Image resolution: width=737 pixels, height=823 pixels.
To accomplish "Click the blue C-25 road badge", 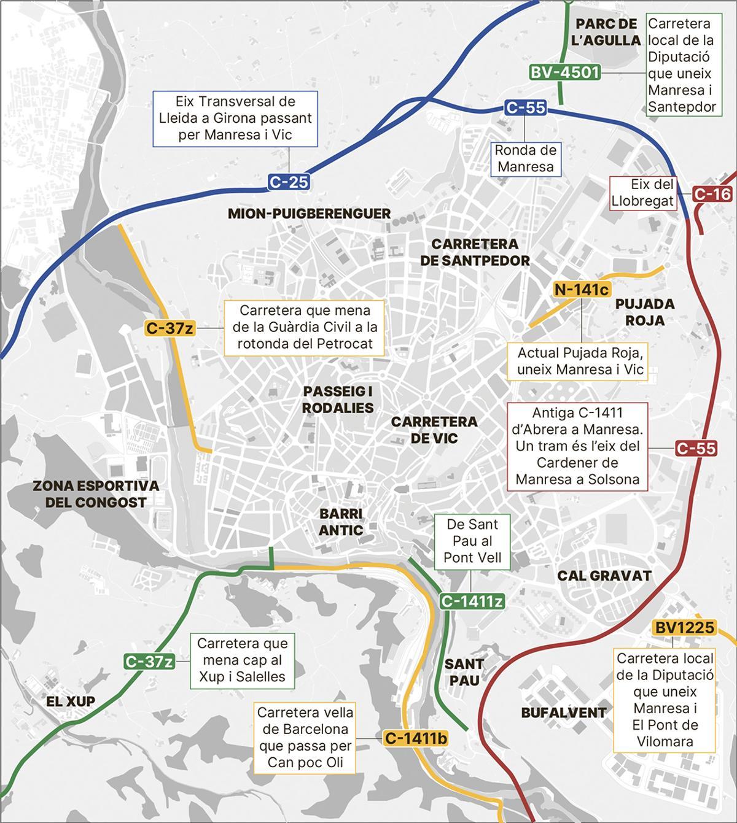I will (288, 182).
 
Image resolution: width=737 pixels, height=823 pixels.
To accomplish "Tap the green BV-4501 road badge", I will (564, 72).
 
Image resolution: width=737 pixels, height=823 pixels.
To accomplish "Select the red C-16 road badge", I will (712, 194).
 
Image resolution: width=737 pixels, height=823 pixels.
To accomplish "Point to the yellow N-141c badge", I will (581, 290).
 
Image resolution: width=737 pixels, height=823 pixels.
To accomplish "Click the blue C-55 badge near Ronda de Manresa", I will (525, 107).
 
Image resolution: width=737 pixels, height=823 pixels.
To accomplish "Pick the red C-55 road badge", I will (696, 448).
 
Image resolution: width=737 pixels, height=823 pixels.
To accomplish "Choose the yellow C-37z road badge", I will (170, 328).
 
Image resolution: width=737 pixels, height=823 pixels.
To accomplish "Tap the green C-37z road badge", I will (149, 662).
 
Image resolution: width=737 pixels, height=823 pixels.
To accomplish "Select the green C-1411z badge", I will (472, 601).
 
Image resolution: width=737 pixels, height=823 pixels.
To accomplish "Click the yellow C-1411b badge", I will (415, 738).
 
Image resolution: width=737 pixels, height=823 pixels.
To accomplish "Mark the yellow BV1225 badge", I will (685, 627).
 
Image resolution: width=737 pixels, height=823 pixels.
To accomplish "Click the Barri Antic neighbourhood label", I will (341, 522).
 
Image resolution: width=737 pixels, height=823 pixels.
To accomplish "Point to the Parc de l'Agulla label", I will (606, 33).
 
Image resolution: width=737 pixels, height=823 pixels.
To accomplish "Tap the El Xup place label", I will (71, 701).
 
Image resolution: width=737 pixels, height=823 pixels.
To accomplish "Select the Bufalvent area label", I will (564, 713).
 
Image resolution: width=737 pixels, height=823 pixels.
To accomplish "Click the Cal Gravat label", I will (604, 576).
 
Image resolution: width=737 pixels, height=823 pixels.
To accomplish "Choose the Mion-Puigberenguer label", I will (309, 214).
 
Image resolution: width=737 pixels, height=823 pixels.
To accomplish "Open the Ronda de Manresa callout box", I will (525, 158).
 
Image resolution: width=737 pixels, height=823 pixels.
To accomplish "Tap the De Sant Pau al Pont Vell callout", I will (472, 541).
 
